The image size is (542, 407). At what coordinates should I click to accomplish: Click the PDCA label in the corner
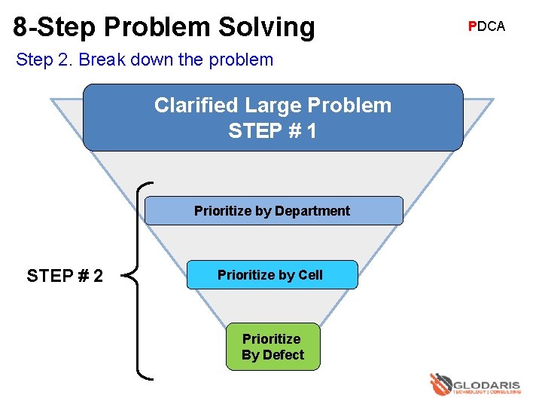click(x=486, y=26)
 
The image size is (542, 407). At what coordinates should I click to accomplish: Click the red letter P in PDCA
click(x=471, y=26)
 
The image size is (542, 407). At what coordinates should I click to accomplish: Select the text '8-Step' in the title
click(x=53, y=27)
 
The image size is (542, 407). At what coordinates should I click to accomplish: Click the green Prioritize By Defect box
click(x=273, y=347)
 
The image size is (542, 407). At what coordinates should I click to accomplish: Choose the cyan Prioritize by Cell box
click(x=271, y=275)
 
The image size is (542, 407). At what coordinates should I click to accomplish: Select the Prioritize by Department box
click(x=273, y=211)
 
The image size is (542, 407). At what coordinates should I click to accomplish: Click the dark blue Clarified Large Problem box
click(x=273, y=118)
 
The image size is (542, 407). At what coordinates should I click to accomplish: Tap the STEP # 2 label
click(x=65, y=276)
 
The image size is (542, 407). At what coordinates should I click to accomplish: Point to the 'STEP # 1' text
click(x=273, y=131)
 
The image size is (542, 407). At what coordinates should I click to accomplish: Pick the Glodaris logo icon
click(x=440, y=384)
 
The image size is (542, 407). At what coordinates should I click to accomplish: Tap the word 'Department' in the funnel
click(x=312, y=211)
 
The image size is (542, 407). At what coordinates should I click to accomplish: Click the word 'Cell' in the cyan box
click(x=310, y=275)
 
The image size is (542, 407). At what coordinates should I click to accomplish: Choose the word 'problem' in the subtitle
click(x=244, y=60)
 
